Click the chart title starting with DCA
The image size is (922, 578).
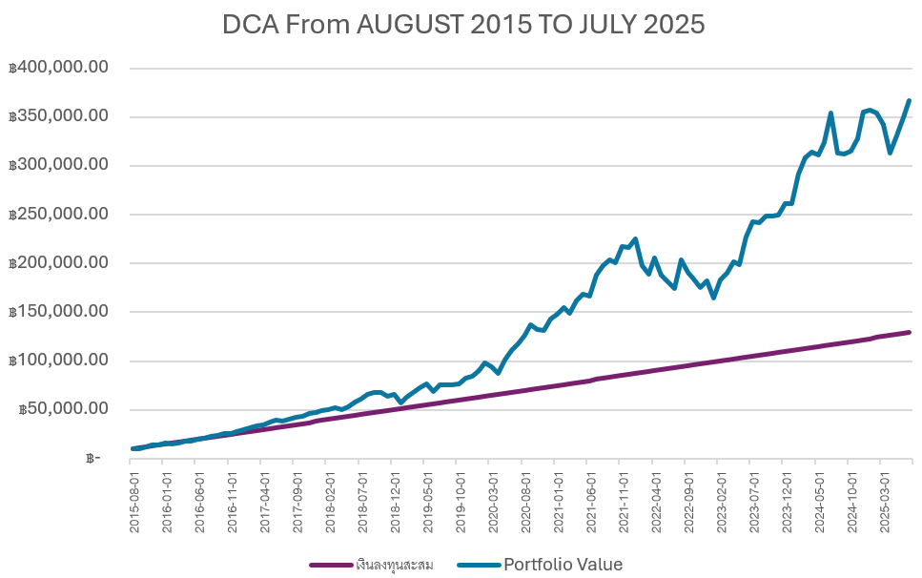[x=463, y=25]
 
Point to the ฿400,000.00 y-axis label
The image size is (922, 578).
[x=58, y=69]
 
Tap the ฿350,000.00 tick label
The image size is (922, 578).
[x=58, y=117]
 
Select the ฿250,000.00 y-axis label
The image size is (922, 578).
[x=58, y=215]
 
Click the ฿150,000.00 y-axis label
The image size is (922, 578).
[x=58, y=312]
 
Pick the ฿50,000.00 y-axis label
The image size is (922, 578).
[x=62, y=409]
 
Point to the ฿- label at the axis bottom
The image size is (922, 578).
[x=92, y=459]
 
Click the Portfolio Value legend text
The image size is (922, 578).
[x=563, y=565]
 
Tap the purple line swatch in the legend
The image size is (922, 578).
[x=331, y=565]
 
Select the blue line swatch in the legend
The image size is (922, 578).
[x=477, y=565]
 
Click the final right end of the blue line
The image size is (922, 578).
[x=910, y=100]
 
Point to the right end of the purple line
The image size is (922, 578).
[x=910, y=332]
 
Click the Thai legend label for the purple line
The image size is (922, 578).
[x=395, y=565]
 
